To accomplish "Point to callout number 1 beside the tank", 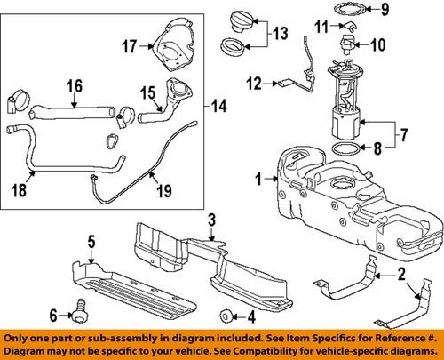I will pos(258,179).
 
